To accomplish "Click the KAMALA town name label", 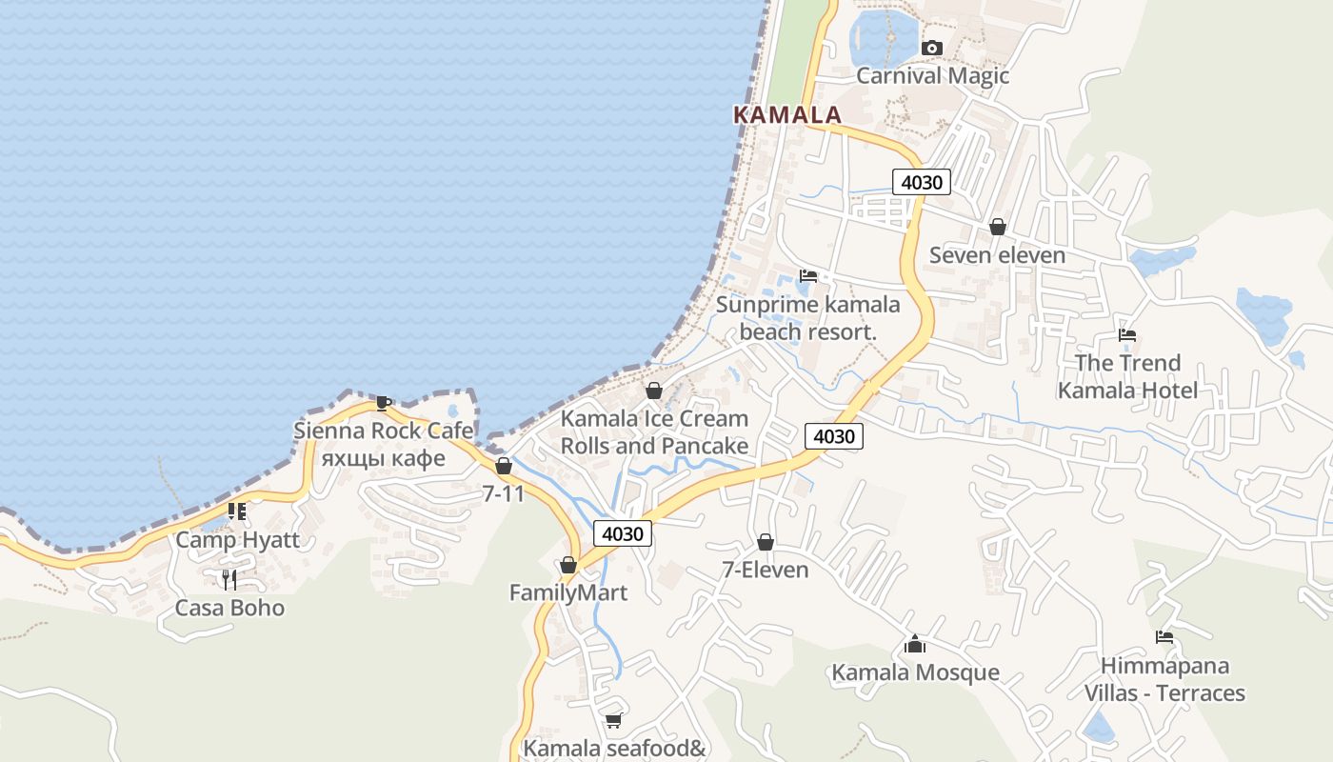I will (787, 115).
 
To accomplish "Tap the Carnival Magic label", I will (932, 75).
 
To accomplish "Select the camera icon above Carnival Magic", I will (932, 48).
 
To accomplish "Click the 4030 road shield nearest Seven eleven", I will (922, 181).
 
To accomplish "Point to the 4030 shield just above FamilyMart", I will (623, 533).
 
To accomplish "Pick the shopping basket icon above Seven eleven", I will (997, 227).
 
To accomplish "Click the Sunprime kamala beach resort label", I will (807, 318).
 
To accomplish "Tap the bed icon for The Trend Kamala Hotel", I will (1127, 335).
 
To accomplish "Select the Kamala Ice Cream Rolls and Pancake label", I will (654, 431).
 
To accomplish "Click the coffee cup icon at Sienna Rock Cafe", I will (383, 403).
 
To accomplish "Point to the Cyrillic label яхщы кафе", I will (383, 457).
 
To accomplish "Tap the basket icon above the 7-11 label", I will (503, 466).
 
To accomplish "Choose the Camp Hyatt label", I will (237, 540).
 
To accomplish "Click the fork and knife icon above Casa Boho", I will (229, 579).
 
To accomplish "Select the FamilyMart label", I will (567, 592).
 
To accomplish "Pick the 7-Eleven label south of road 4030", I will (765, 570).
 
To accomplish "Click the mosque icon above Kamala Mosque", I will (915, 645).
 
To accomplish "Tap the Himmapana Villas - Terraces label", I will (1164, 678).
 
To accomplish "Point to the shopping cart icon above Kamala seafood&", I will (613, 721).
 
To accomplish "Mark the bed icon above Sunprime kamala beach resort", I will (808, 276).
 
